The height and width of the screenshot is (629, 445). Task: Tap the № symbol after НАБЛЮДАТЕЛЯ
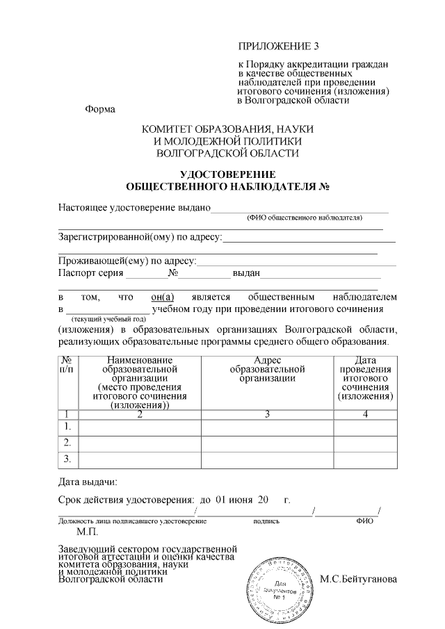323,186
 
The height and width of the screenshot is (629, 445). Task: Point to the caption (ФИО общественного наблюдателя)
304,218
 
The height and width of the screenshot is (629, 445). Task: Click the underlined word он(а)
162,297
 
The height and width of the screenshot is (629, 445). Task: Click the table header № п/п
68,364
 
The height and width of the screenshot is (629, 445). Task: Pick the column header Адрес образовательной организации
268,369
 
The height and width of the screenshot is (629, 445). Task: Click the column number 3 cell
267,414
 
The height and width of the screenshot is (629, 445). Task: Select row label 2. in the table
68,442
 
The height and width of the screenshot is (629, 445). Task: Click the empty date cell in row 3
365,459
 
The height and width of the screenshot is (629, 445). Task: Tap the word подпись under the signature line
267,520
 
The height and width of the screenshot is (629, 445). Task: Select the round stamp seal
279,585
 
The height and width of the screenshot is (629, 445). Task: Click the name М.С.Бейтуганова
359,579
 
